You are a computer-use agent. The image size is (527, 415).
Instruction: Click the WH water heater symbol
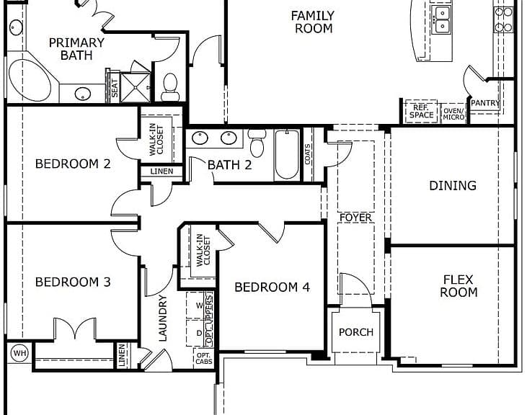pos(20,353)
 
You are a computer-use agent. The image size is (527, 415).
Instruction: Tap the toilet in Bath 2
pos(257,143)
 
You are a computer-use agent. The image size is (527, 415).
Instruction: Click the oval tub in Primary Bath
pos(30,80)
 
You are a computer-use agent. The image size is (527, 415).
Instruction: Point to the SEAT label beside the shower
pos(115,88)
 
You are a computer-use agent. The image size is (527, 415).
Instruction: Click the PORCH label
pos(356,332)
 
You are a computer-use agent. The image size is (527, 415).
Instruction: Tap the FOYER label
pos(355,218)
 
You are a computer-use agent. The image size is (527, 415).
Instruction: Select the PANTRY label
pos(485,103)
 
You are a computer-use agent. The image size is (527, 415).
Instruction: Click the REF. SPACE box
pos(421,111)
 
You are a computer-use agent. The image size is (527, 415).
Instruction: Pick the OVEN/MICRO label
pos(453,114)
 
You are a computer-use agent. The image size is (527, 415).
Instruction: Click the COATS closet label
pos(308,154)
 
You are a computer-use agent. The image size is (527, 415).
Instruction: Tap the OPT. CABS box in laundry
pos(204,358)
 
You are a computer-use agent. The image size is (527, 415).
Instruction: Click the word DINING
pos(453,185)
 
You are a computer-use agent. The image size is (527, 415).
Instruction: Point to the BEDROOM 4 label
pos(272,287)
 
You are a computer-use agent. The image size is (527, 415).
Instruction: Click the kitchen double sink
pos(442,19)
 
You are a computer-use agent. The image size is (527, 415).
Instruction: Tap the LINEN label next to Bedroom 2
pos(161,171)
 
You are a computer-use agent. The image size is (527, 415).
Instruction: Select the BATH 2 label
pos(229,165)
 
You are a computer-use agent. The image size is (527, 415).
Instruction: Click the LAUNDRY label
pos(162,318)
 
